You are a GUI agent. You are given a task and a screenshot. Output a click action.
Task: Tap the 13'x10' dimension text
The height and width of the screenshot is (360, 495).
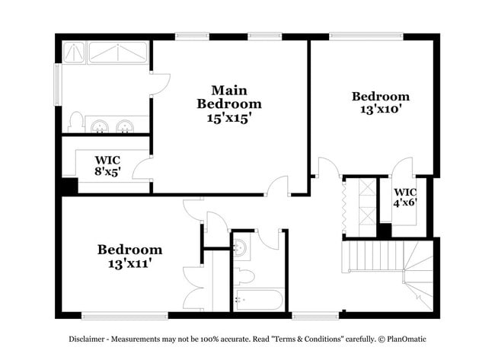(380, 109)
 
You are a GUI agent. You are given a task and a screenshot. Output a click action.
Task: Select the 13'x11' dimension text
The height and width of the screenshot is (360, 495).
(129, 263)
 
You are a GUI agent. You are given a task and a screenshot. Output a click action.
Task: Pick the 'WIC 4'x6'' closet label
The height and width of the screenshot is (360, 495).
(405, 198)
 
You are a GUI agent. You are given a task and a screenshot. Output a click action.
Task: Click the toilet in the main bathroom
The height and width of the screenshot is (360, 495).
(75, 122)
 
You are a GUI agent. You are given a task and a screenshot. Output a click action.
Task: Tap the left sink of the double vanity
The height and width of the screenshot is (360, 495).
(98, 126)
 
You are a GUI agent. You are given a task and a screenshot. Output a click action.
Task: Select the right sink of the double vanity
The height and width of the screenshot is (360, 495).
(125, 126)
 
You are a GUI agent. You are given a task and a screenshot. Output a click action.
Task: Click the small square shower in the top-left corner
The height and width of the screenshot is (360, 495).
(73, 52)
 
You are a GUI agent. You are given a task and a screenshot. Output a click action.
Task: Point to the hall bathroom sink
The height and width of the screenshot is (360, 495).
(240, 247)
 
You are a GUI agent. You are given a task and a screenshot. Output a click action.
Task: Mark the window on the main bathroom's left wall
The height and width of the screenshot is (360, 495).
(57, 84)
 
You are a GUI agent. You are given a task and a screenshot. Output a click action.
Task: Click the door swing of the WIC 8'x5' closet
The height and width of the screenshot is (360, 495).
(143, 169)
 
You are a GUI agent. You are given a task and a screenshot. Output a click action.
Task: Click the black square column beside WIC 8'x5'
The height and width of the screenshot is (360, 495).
(69, 186)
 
